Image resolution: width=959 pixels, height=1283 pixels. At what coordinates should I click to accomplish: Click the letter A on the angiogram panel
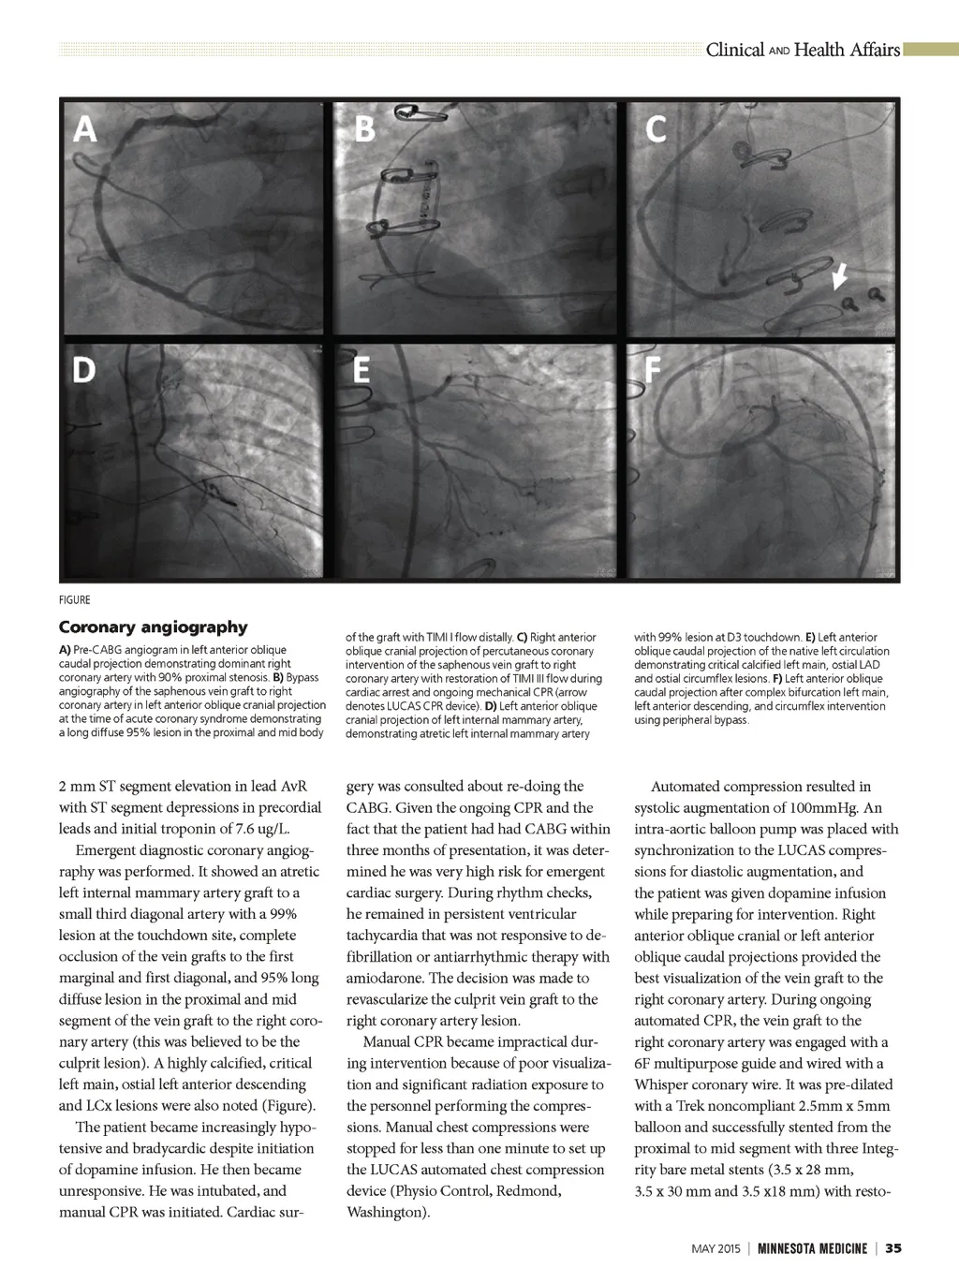[85, 128]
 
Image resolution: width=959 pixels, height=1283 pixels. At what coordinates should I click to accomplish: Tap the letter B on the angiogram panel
[364, 128]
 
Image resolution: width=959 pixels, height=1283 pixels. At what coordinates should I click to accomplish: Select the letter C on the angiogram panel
[657, 129]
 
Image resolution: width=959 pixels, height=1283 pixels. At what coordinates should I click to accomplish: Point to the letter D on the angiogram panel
[84, 371]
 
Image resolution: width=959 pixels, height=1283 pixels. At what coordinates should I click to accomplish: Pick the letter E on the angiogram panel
[361, 371]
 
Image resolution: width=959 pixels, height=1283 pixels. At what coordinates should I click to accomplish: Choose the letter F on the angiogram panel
[653, 371]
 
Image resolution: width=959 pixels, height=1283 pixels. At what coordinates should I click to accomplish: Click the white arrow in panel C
[840, 274]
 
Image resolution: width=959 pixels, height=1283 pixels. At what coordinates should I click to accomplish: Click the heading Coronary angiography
[153, 627]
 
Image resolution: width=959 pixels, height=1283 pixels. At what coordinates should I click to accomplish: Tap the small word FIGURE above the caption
[75, 600]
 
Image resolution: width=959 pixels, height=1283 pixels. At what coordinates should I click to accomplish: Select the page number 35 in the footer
[893, 1248]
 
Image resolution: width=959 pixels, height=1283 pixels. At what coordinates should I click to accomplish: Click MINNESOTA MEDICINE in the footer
[812, 1248]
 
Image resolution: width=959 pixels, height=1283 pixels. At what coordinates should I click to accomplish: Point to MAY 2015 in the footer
[716, 1248]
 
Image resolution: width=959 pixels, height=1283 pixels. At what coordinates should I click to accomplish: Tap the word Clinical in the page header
[734, 50]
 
